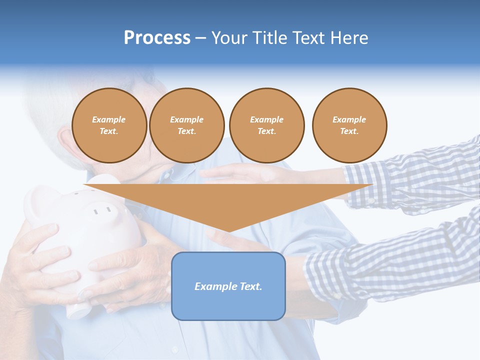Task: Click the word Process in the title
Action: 157,38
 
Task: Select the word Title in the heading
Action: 270,38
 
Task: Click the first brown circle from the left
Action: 109,125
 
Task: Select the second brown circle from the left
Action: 186,125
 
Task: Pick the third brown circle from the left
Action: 266,125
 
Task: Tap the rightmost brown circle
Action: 349,125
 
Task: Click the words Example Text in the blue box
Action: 228,286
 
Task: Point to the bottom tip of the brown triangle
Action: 228,231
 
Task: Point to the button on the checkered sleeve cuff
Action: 372,201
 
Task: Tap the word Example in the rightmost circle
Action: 349,119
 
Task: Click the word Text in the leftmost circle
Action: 109,131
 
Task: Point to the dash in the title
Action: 200,38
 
